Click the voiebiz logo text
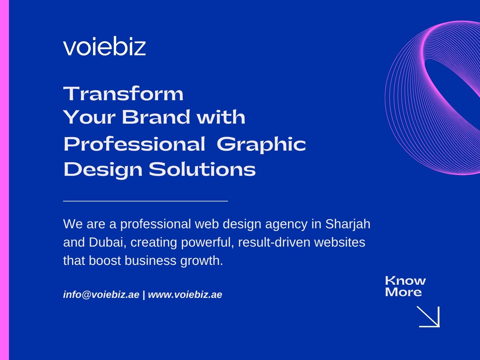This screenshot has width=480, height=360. tap(104, 47)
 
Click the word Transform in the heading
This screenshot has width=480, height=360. tap(123, 94)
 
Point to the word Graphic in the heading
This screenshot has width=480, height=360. tap(261, 144)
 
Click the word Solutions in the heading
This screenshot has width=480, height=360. tap(202, 169)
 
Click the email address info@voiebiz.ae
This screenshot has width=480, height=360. tap(101, 295)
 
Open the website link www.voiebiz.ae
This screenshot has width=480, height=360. tap(185, 295)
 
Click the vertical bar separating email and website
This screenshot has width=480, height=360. tap(144, 295)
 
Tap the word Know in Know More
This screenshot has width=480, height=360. tap(405, 281)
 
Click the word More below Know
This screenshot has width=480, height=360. tap(403, 292)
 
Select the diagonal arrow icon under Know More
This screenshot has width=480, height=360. tap(429, 316)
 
